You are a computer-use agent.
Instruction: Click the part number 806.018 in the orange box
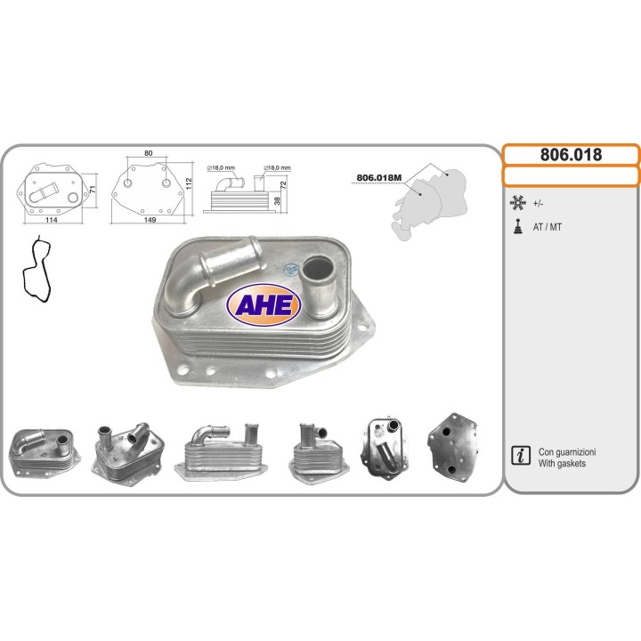571,155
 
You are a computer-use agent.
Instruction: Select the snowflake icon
517,203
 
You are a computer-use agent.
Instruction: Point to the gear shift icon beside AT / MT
517,226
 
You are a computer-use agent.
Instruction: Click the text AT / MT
548,227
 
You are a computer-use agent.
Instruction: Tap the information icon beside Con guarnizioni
518,457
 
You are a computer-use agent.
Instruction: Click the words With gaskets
562,464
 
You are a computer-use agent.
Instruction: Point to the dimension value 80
148,153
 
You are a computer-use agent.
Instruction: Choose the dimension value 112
188,182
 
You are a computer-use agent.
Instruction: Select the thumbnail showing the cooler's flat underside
455,447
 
